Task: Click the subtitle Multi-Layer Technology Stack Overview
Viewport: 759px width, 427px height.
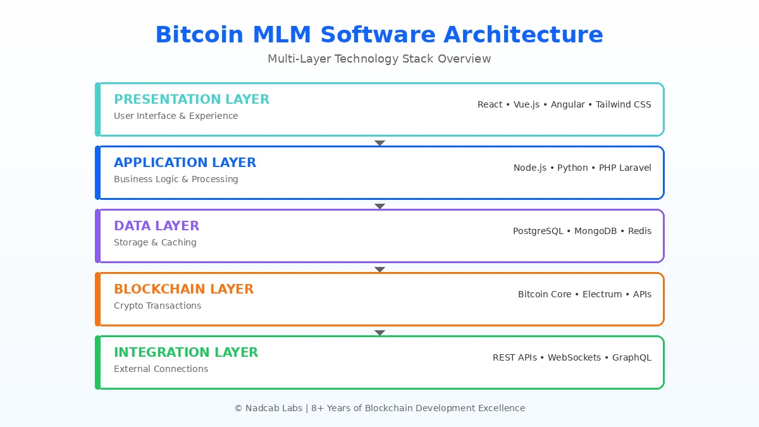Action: (x=379, y=59)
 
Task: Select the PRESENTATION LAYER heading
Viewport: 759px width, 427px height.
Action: (x=192, y=99)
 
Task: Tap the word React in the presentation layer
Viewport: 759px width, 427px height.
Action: (x=490, y=104)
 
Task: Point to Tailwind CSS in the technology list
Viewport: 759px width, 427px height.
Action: (x=623, y=104)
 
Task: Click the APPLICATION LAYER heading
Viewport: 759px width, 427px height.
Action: (x=185, y=163)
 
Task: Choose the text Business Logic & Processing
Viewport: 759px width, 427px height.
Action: (x=176, y=179)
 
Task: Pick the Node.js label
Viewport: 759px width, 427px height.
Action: (x=529, y=168)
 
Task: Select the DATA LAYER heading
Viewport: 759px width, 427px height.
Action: (x=156, y=226)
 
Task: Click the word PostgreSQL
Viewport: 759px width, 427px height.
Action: (x=538, y=231)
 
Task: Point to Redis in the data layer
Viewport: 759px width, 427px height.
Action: (x=639, y=231)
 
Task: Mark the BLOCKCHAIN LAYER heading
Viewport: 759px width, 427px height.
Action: (x=183, y=289)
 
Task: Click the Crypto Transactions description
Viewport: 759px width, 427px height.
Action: (x=157, y=306)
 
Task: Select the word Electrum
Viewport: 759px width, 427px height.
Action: (x=602, y=294)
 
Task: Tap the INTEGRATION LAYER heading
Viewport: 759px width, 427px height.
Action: (x=186, y=352)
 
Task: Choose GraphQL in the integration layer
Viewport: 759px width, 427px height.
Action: (x=631, y=357)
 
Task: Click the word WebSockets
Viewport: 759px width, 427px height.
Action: (x=574, y=357)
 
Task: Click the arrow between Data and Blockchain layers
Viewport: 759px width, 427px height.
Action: (x=379, y=269)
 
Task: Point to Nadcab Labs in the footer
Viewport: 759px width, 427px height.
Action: (x=273, y=408)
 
